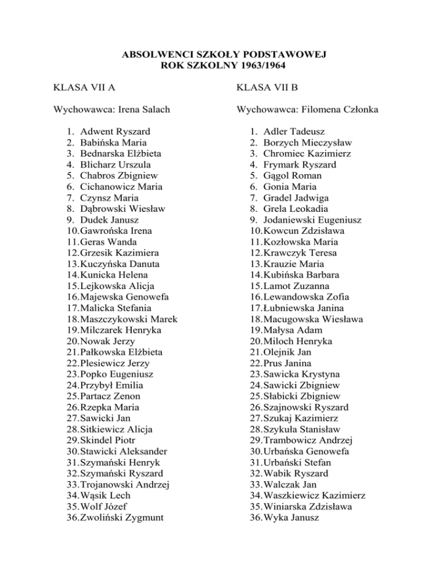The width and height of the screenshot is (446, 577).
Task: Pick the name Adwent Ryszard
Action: (116, 132)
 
